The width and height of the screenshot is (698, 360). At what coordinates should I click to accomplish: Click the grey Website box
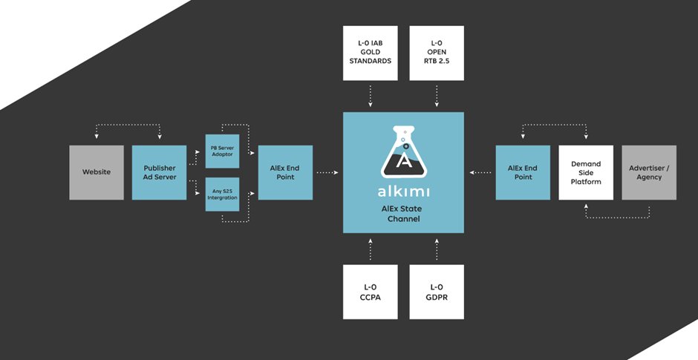pyautogui.click(x=97, y=172)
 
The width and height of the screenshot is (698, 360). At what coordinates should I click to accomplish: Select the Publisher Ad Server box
pyautogui.click(x=159, y=172)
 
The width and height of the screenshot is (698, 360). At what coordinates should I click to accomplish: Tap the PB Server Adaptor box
pyautogui.click(x=222, y=151)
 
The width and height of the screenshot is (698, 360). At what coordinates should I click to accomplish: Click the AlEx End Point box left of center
pyautogui.click(x=285, y=172)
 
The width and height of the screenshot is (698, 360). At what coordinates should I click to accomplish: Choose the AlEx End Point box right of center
pyautogui.click(x=523, y=172)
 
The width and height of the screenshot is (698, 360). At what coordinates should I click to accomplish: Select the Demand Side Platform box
pyautogui.click(x=586, y=172)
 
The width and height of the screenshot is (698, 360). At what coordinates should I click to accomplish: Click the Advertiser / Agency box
pyautogui.click(x=649, y=172)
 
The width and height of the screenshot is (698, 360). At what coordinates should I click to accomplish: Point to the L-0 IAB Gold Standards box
pyautogui.click(x=371, y=53)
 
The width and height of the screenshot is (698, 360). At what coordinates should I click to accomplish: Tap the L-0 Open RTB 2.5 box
pyautogui.click(x=437, y=53)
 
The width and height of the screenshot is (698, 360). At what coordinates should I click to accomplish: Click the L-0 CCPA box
pyautogui.click(x=371, y=292)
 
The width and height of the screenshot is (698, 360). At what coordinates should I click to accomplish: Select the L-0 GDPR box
pyautogui.click(x=437, y=292)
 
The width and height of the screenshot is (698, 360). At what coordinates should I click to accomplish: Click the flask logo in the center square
pyautogui.click(x=403, y=151)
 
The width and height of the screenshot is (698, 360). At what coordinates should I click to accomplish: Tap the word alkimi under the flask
pyautogui.click(x=403, y=192)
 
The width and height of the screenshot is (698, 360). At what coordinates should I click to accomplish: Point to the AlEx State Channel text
pyautogui.click(x=403, y=214)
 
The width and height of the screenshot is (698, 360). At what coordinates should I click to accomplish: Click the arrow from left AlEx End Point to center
pyautogui.click(x=327, y=173)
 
